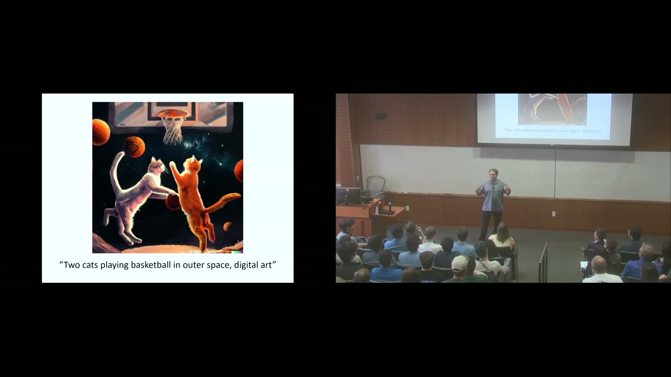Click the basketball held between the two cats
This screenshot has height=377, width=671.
click(172, 202)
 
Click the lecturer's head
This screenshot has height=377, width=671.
click(493, 174)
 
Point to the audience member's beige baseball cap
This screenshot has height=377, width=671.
click(459, 262)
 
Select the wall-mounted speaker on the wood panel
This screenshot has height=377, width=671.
click(381, 116)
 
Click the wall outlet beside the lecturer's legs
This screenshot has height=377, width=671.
click(553, 214)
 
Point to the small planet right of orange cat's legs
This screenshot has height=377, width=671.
click(228, 226)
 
